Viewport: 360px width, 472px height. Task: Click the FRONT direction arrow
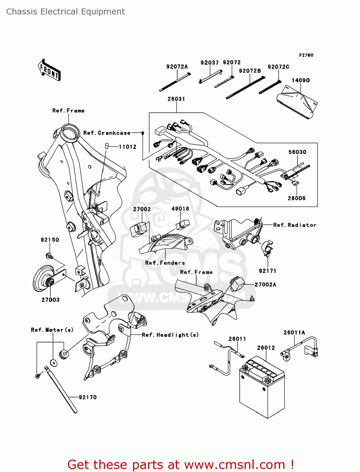point(49,70)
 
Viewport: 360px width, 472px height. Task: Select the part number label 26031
point(176,99)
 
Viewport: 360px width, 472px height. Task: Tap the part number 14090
point(301,80)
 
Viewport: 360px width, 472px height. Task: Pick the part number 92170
point(88,397)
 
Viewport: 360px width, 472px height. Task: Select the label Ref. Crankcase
point(107,133)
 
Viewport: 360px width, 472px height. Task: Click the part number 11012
point(128,147)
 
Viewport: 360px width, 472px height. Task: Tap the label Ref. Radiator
point(295,225)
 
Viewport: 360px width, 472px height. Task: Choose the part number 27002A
point(265,284)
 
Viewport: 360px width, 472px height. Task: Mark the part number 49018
point(180,209)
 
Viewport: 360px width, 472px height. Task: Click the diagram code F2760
point(306,55)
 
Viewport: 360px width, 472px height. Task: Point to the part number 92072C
point(278,67)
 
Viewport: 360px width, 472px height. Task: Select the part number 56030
point(297,152)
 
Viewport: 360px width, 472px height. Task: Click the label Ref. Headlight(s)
point(170,335)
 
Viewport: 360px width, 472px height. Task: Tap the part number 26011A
point(294,332)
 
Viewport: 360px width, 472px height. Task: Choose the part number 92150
point(50,240)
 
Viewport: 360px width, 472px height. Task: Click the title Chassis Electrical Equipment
point(65,12)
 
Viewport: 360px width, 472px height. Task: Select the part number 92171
point(267,271)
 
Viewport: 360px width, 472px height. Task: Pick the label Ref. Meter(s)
point(52,330)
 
